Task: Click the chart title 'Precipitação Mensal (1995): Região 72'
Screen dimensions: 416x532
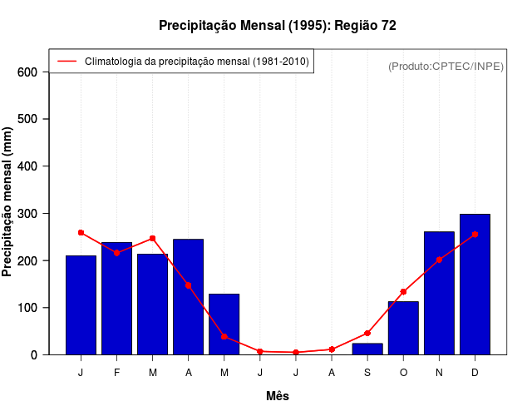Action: point(278,26)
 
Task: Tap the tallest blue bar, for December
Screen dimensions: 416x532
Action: point(475,284)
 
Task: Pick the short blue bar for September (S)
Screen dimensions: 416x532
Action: point(367,349)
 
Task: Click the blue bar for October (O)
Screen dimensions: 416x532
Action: point(403,328)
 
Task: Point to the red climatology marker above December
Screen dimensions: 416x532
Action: point(475,235)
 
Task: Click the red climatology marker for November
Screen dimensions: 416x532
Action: point(439,260)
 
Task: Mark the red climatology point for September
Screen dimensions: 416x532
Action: point(367,333)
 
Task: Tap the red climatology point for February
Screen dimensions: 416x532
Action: point(116,253)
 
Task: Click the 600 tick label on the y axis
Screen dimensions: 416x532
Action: point(27,72)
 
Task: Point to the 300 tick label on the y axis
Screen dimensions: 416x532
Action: point(27,214)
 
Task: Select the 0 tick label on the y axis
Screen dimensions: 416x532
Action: point(34,355)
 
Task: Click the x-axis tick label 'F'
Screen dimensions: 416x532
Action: point(116,373)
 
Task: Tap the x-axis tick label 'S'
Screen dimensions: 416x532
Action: point(367,373)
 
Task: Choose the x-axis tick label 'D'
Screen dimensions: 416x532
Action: point(475,373)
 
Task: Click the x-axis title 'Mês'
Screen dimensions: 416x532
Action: point(278,396)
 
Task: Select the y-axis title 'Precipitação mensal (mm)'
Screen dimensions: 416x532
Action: point(8,202)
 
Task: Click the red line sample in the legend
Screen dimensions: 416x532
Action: point(66,62)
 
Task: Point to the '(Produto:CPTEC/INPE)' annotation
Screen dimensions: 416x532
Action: point(446,66)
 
